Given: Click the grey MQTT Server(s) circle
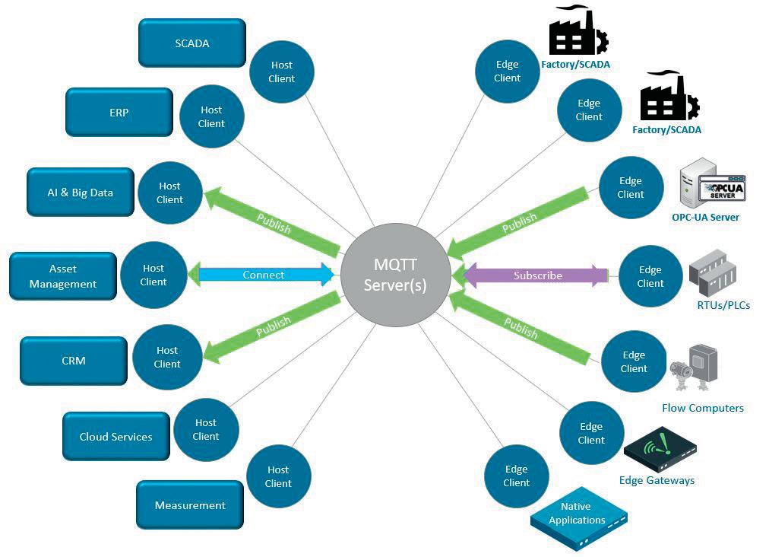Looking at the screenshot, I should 394,275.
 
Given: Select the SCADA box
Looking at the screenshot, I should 191,43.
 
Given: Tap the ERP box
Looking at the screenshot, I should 119,113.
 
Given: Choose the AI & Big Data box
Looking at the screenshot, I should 80,193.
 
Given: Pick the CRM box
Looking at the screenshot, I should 73,361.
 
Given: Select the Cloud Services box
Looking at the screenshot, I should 116,437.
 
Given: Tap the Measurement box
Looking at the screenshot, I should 190,505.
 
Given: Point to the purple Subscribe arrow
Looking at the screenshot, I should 536,275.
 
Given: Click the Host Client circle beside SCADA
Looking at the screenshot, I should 281,72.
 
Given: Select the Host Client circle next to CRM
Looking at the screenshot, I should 167,358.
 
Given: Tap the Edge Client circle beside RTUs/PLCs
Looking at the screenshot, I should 650,277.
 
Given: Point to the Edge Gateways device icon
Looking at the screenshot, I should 660,450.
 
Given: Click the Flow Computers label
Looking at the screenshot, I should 702,408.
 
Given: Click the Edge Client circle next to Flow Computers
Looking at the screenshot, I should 634,362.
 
